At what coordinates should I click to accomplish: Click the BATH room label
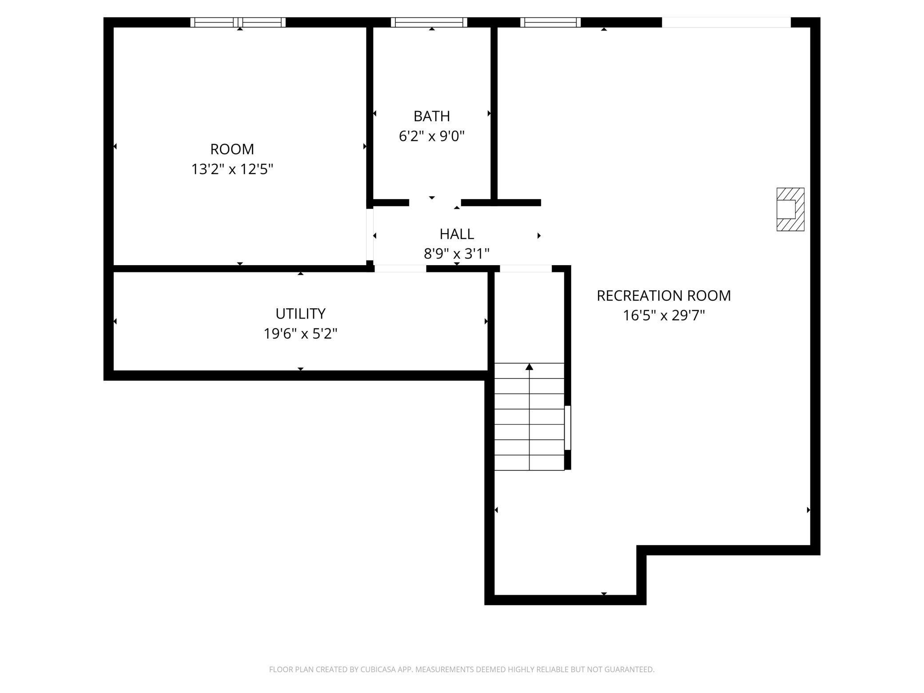(x=431, y=116)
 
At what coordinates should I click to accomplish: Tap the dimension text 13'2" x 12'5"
(x=232, y=169)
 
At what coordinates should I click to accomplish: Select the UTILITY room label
(x=300, y=314)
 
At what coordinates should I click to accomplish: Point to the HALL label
(x=457, y=234)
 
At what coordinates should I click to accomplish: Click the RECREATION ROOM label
(x=664, y=295)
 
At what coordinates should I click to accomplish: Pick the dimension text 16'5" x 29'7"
(x=664, y=315)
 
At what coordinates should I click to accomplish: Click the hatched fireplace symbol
(x=790, y=209)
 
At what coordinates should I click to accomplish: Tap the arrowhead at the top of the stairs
(x=529, y=367)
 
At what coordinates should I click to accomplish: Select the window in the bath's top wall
(x=429, y=22)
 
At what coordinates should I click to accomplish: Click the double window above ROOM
(x=238, y=22)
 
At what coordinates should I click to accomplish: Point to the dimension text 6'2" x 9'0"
(x=431, y=136)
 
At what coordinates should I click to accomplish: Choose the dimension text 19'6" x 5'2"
(x=300, y=334)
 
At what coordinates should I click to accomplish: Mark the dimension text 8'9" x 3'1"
(x=457, y=254)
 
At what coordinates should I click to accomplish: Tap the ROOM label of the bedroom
(x=232, y=149)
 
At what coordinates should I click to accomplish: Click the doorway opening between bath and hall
(x=435, y=203)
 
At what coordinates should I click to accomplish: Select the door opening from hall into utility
(x=400, y=268)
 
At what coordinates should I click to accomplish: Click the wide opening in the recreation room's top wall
(x=726, y=22)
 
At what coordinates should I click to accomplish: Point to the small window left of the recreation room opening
(x=550, y=22)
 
